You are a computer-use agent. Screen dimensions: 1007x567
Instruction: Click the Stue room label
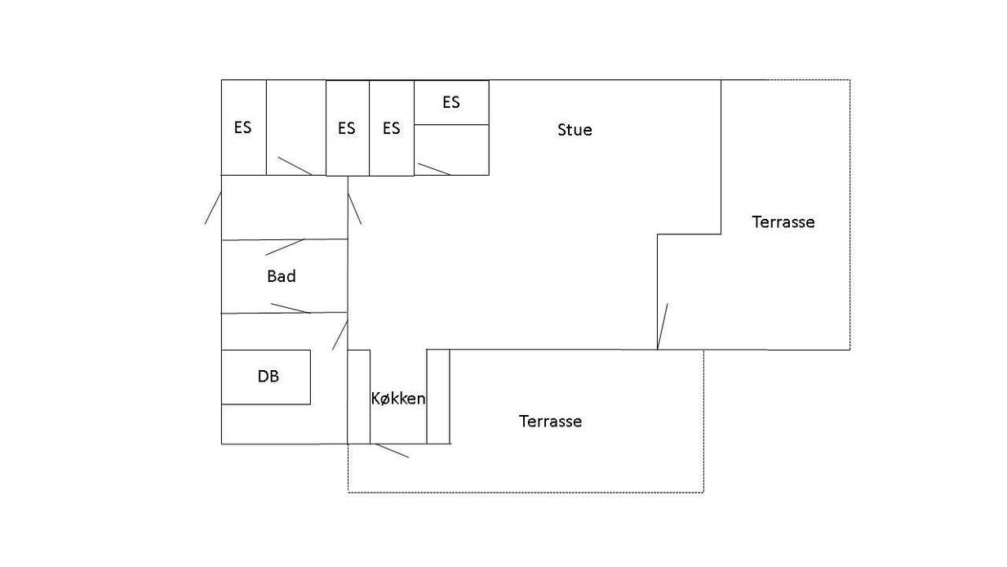tap(574, 130)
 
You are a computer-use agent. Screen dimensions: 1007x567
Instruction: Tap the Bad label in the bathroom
tap(282, 276)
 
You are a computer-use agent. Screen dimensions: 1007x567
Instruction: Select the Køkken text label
tap(398, 398)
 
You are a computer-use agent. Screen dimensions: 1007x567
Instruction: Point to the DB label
tap(268, 376)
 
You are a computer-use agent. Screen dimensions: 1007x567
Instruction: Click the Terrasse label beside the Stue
tap(783, 222)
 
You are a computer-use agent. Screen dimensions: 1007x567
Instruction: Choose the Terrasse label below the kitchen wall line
tap(550, 422)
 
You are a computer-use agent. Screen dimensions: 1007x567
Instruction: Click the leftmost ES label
tap(242, 127)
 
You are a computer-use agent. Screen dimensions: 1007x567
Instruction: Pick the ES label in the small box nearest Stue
tap(451, 102)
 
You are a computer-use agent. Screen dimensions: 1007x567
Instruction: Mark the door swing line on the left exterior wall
tap(213, 208)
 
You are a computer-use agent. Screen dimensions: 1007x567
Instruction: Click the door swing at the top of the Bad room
tap(285, 247)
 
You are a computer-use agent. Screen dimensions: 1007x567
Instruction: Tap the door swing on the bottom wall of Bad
tap(291, 308)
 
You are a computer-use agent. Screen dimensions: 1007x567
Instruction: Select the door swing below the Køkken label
tap(392, 450)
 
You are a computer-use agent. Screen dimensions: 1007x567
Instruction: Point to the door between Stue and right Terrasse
tap(662, 326)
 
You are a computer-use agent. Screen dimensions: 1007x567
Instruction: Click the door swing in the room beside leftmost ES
tap(295, 166)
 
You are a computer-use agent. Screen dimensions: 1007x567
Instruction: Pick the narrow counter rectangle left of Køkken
tap(359, 396)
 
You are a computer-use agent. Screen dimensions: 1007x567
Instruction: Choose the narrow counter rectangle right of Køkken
tap(438, 396)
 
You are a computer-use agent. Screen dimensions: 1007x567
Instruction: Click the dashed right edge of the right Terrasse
tap(850, 215)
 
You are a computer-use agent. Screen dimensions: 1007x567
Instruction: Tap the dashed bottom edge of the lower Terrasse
tap(526, 493)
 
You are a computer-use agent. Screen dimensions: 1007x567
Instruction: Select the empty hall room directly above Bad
tap(285, 208)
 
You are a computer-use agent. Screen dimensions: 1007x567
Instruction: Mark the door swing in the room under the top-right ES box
tap(434, 169)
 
